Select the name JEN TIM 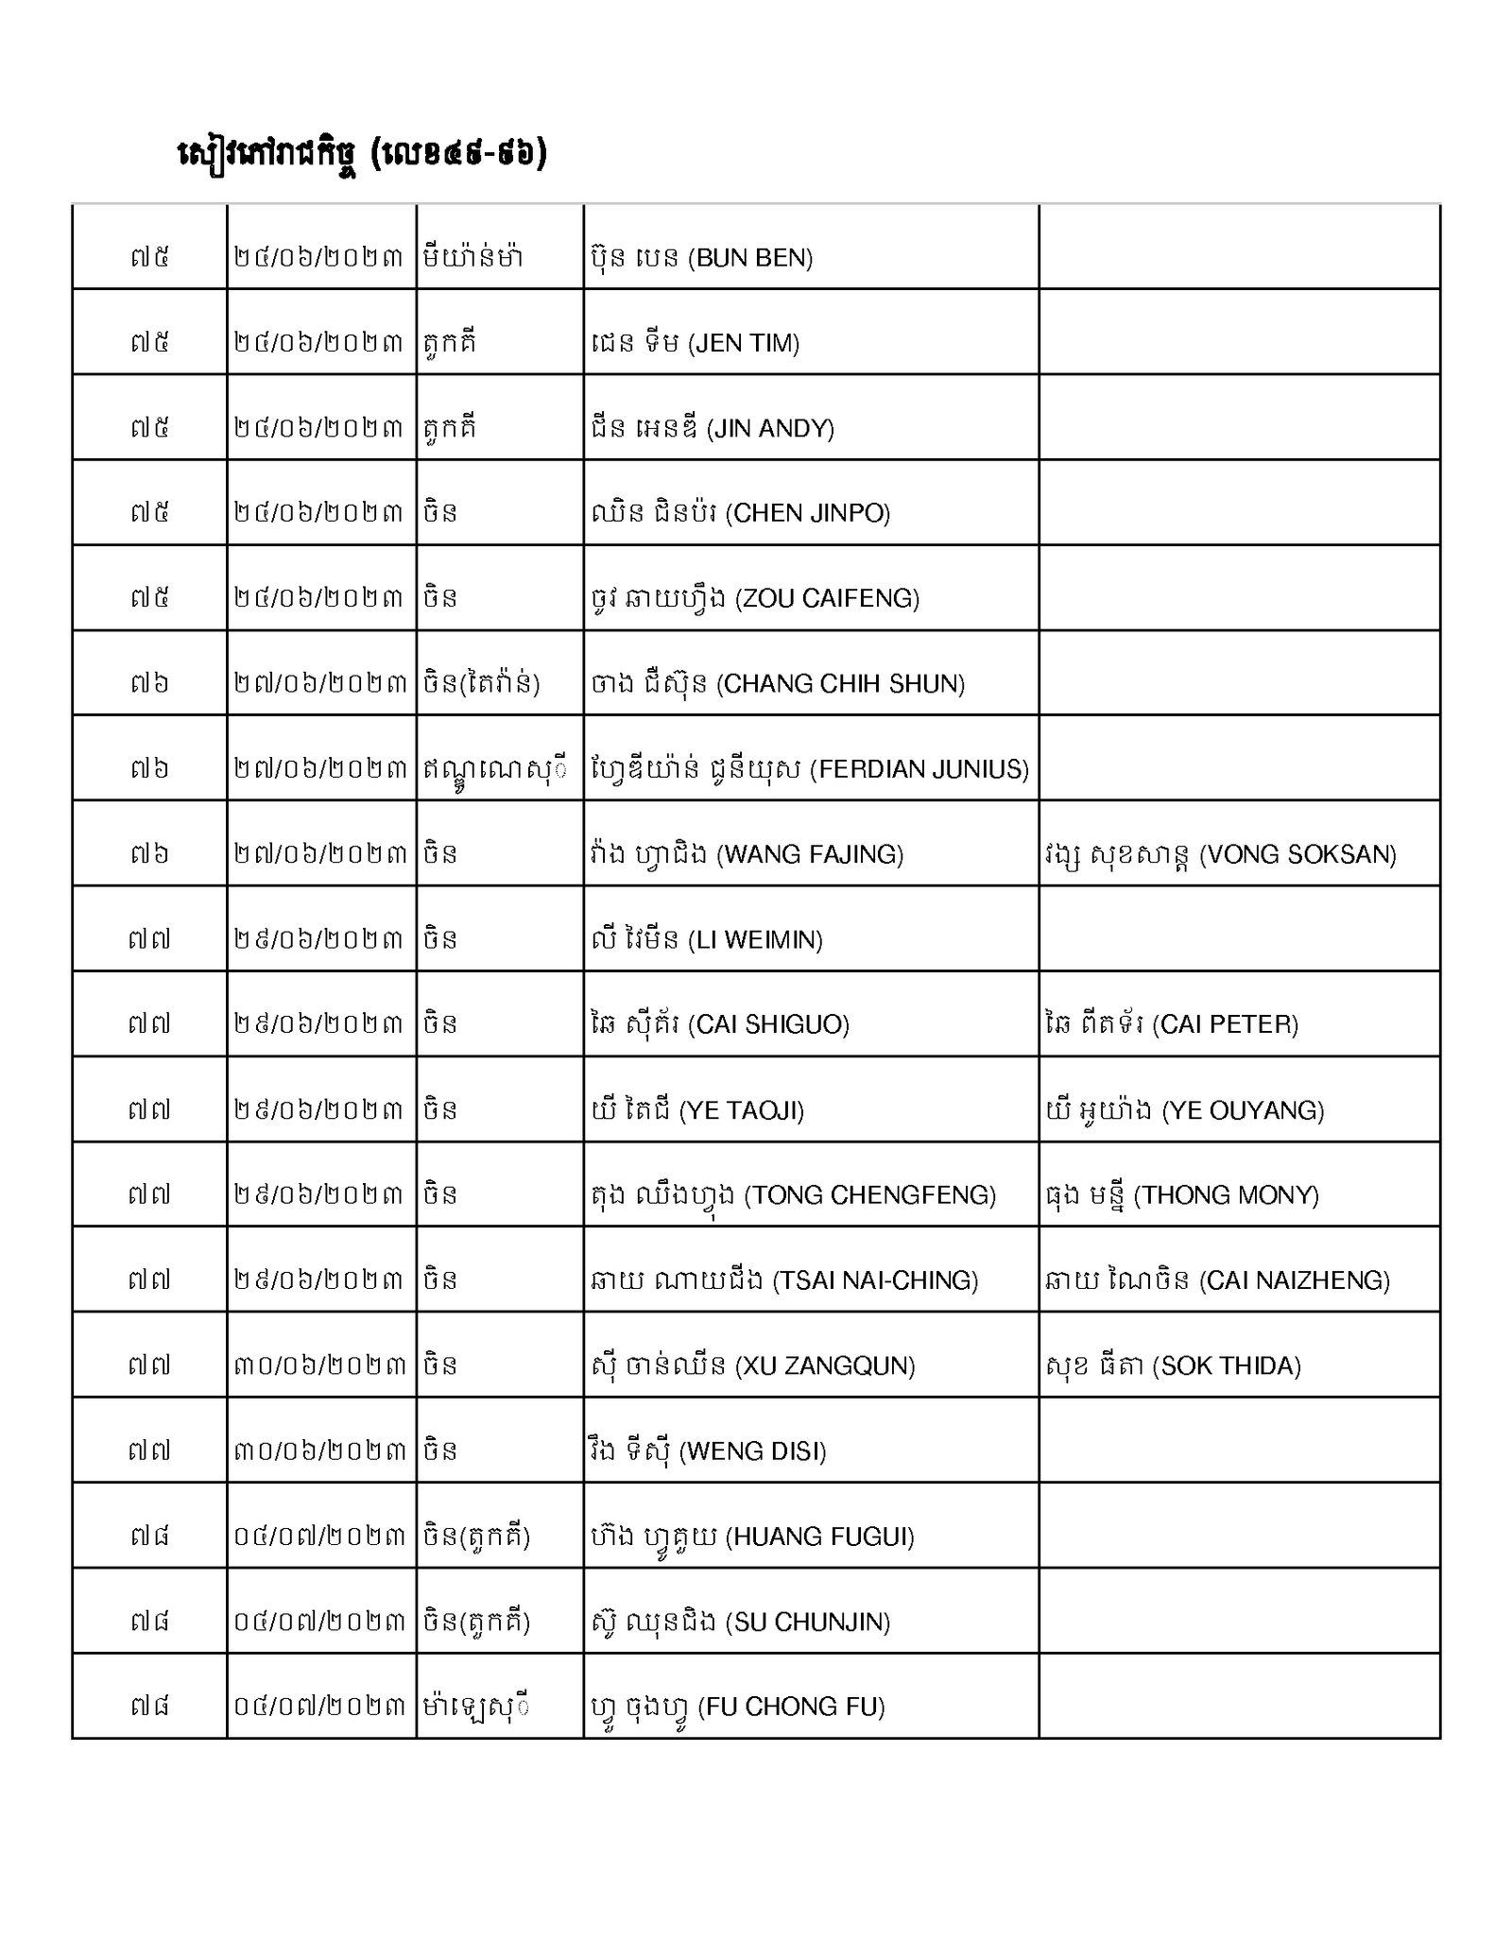[x=696, y=343]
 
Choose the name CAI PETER [x=1172, y=1024]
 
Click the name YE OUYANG [x=1185, y=1109]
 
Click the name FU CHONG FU [x=738, y=1707]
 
